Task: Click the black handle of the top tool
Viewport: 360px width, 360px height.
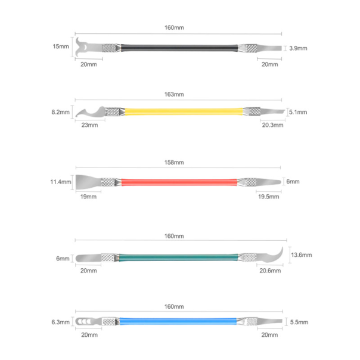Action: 179,48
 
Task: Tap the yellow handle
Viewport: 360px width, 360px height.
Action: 184,111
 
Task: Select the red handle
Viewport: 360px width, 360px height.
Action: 179,182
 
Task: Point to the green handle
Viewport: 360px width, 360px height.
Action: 178,257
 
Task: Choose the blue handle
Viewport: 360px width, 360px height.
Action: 178,321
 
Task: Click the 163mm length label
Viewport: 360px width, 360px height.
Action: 174,94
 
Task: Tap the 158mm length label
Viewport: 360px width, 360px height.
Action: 174,163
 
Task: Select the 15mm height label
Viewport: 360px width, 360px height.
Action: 61,46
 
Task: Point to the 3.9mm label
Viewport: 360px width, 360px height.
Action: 298,48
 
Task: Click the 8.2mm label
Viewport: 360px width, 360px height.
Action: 60,112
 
